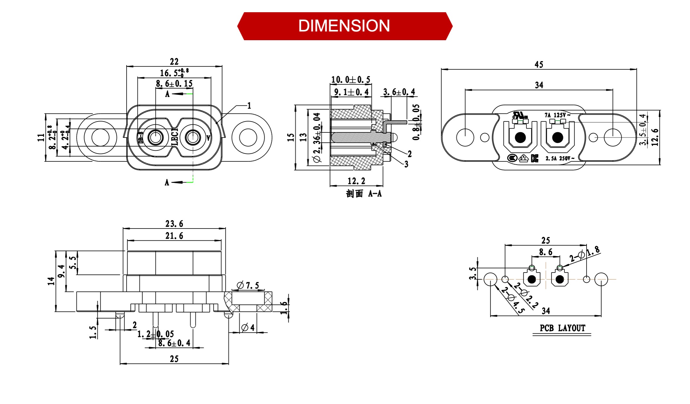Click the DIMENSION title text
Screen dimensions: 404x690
[x=344, y=26]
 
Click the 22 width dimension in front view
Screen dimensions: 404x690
[x=174, y=61]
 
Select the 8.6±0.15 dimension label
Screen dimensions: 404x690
[x=174, y=84]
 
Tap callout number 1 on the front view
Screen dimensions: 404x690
[x=249, y=106]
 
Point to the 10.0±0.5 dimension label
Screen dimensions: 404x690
[x=350, y=80]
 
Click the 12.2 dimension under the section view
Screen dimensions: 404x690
[x=356, y=181]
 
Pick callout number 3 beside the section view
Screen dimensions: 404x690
[x=406, y=164]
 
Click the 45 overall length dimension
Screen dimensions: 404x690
[x=539, y=65]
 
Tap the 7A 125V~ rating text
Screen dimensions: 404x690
[x=557, y=115]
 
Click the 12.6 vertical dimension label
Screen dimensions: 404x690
[x=655, y=138]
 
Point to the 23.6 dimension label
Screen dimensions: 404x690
[x=174, y=224]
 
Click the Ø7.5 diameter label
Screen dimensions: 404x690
[x=248, y=285]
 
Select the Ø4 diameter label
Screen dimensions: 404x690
[x=248, y=328]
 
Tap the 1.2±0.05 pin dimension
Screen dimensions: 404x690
[x=155, y=334]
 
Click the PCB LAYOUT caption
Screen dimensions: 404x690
[x=562, y=328]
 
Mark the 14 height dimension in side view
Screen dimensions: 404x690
[x=51, y=281]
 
